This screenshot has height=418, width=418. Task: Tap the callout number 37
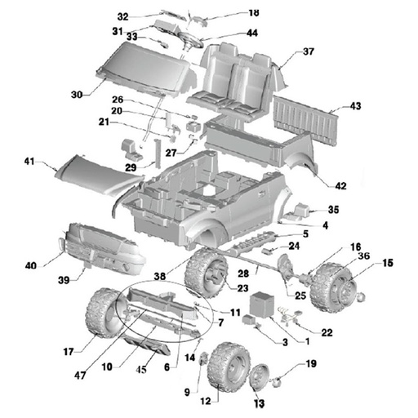309,51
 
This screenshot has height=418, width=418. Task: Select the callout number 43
355,106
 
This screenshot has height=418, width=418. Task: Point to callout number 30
77,95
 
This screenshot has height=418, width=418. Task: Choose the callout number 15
388,263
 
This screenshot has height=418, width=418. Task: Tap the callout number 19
311,364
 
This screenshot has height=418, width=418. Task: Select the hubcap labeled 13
262,380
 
